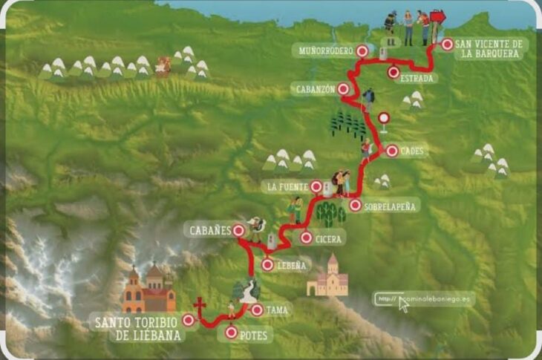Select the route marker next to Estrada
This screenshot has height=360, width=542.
394,72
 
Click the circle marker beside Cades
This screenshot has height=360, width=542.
391,150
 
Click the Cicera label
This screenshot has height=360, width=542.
328,239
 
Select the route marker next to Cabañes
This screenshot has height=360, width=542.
238,231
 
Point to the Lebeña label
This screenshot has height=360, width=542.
294,265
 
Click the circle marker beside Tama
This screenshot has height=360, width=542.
256,310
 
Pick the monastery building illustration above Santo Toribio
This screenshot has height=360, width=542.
148,289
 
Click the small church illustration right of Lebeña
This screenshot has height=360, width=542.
327,276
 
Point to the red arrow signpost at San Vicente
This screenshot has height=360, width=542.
437,17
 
